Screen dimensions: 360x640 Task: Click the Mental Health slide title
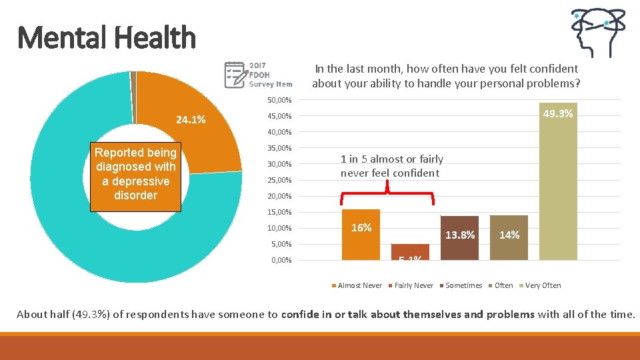[107, 37]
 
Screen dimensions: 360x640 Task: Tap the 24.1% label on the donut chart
[191, 121]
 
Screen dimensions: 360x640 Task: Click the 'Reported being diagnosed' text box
[135, 174]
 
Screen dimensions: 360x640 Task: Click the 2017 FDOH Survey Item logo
[259, 75]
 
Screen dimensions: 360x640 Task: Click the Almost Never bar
[361, 235]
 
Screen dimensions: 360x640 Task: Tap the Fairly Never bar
[410, 252]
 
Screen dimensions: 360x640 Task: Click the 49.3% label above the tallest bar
[557, 114]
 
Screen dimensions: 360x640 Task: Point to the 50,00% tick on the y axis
[279, 100]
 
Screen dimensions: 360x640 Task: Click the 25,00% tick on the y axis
[279, 180]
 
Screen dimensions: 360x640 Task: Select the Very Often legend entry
[542, 285]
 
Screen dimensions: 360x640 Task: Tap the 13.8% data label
[459, 235]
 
